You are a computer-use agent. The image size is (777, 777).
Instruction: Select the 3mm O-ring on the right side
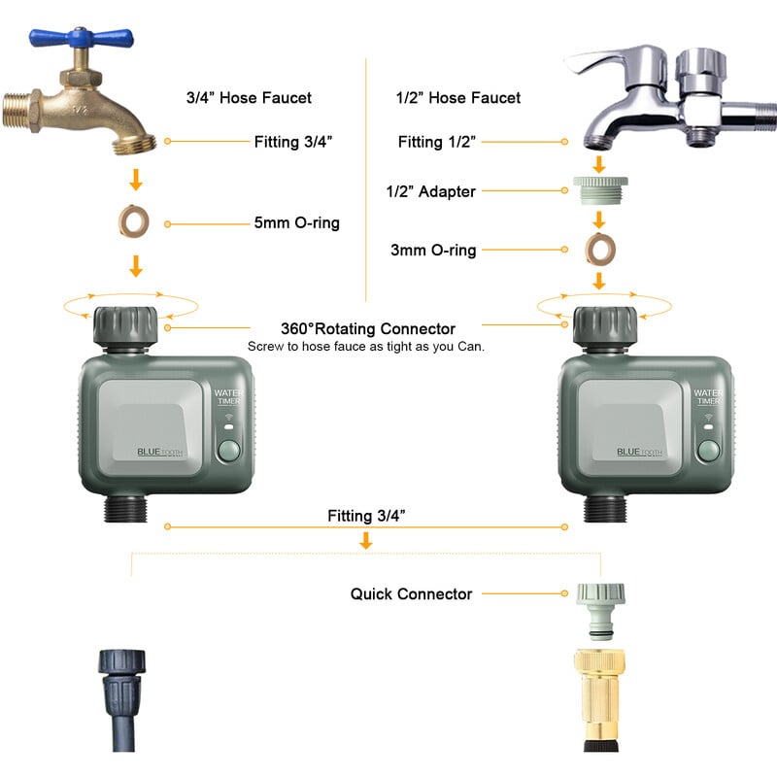pos(599,250)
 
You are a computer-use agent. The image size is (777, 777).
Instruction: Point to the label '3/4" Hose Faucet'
pos(249,98)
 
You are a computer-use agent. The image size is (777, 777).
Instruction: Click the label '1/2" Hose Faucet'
pos(458,98)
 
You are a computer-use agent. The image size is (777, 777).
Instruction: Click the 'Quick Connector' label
pos(411,593)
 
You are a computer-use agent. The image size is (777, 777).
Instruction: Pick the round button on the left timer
pos(230,452)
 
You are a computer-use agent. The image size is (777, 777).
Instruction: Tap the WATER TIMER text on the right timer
pos(708,398)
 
